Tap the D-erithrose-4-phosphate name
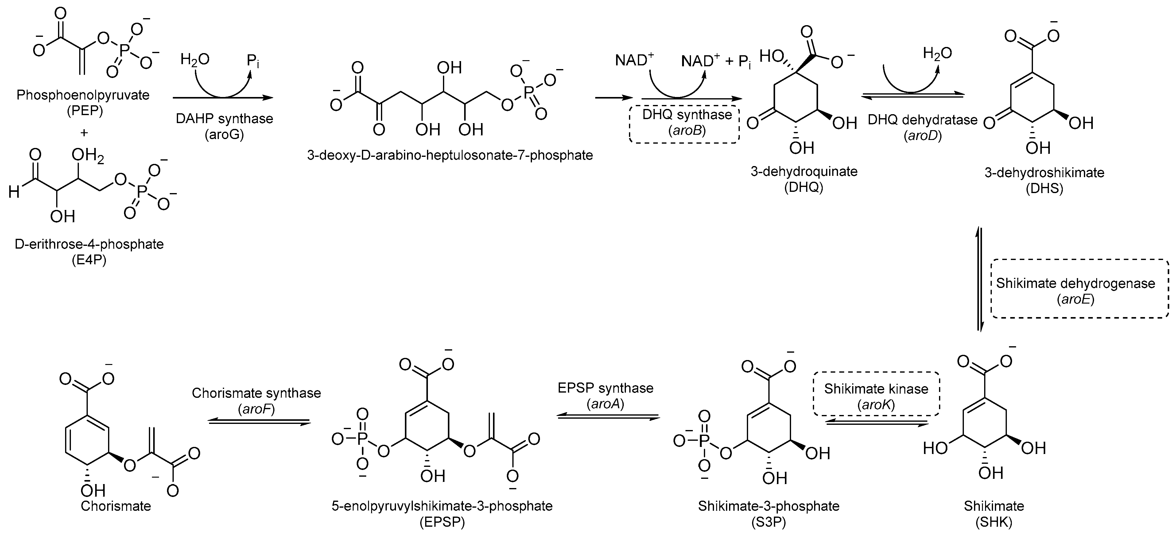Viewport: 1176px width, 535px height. pos(89,244)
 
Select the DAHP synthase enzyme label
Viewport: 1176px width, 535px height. pos(224,119)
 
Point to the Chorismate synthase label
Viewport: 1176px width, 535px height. pos(256,393)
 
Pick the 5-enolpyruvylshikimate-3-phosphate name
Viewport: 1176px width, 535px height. pos(442,506)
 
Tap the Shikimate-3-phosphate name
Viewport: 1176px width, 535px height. pos(768,506)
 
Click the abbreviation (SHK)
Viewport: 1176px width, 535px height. pos(994,522)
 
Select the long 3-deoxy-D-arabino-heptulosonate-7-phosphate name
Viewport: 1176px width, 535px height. pos(450,156)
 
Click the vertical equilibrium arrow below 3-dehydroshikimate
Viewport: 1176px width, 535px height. pos(979,278)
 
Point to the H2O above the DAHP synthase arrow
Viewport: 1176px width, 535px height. pos(195,59)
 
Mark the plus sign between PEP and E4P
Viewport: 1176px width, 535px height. pos(83,133)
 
